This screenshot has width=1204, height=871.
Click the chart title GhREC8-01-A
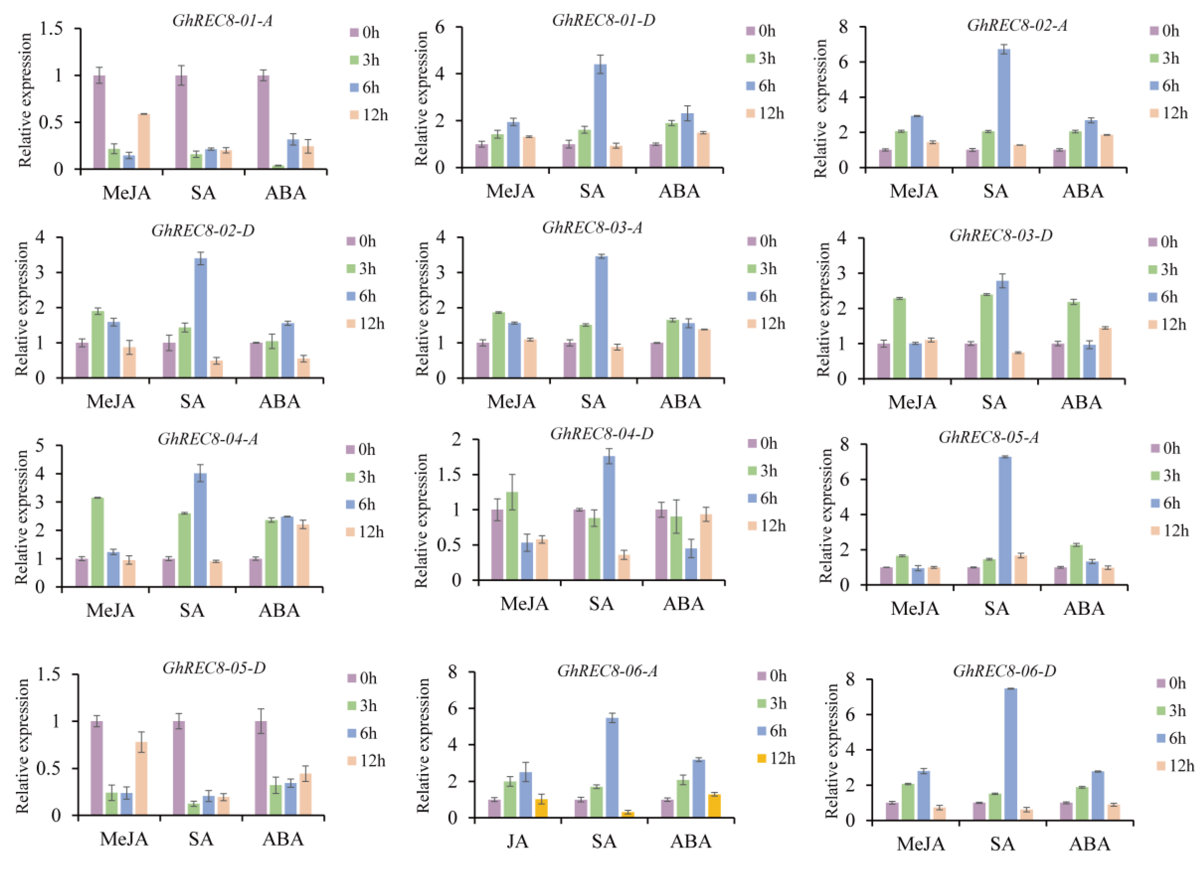tap(223, 21)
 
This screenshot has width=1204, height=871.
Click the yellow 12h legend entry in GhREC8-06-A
tap(776, 758)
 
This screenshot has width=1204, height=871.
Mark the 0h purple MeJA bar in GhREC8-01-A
tap(99, 122)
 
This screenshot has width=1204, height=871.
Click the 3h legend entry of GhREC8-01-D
tap(761, 58)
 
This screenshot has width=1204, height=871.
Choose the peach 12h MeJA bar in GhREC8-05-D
tap(141, 778)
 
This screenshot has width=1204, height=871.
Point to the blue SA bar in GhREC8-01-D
tap(601, 115)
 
